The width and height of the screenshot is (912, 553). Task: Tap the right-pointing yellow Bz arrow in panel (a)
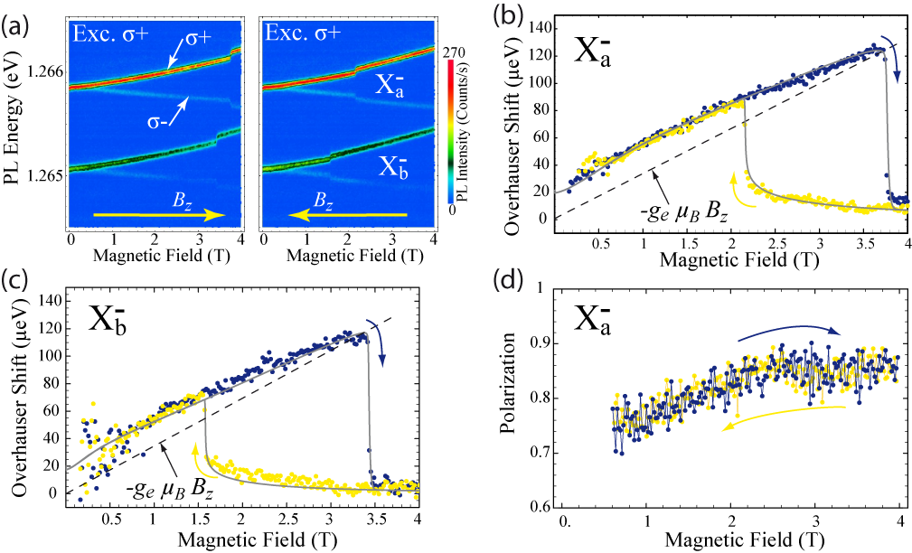point(158,215)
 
